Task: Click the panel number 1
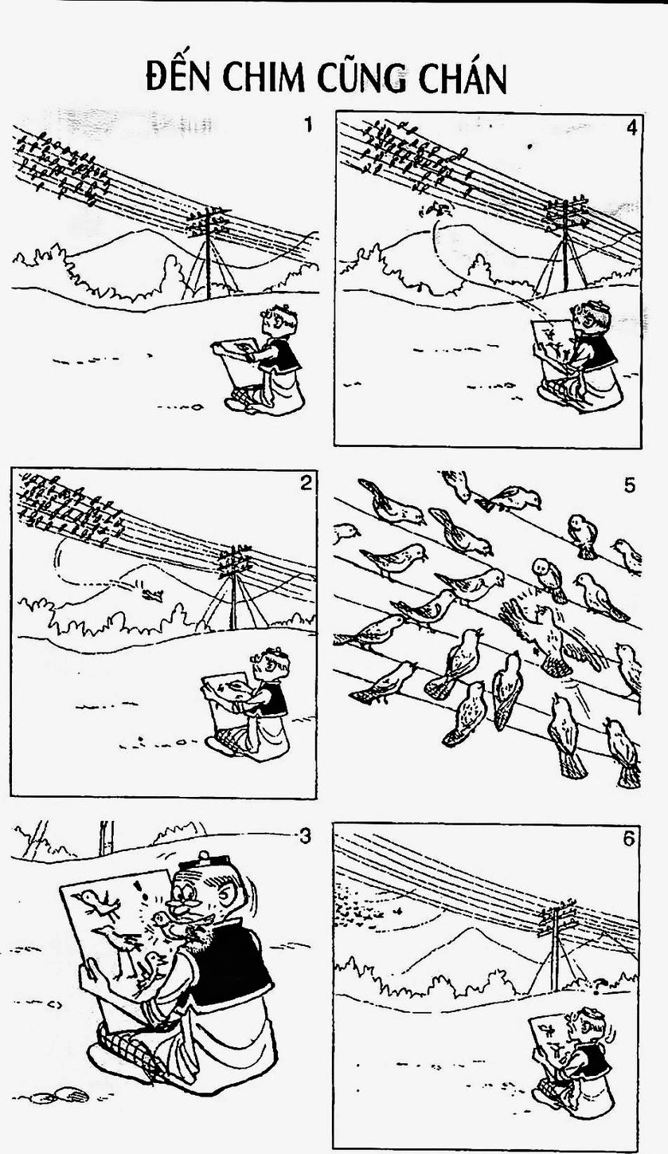click(x=308, y=125)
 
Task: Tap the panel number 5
click(x=630, y=486)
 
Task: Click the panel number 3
click(x=305, y=837)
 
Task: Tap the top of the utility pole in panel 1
click(x=209, y=210)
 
